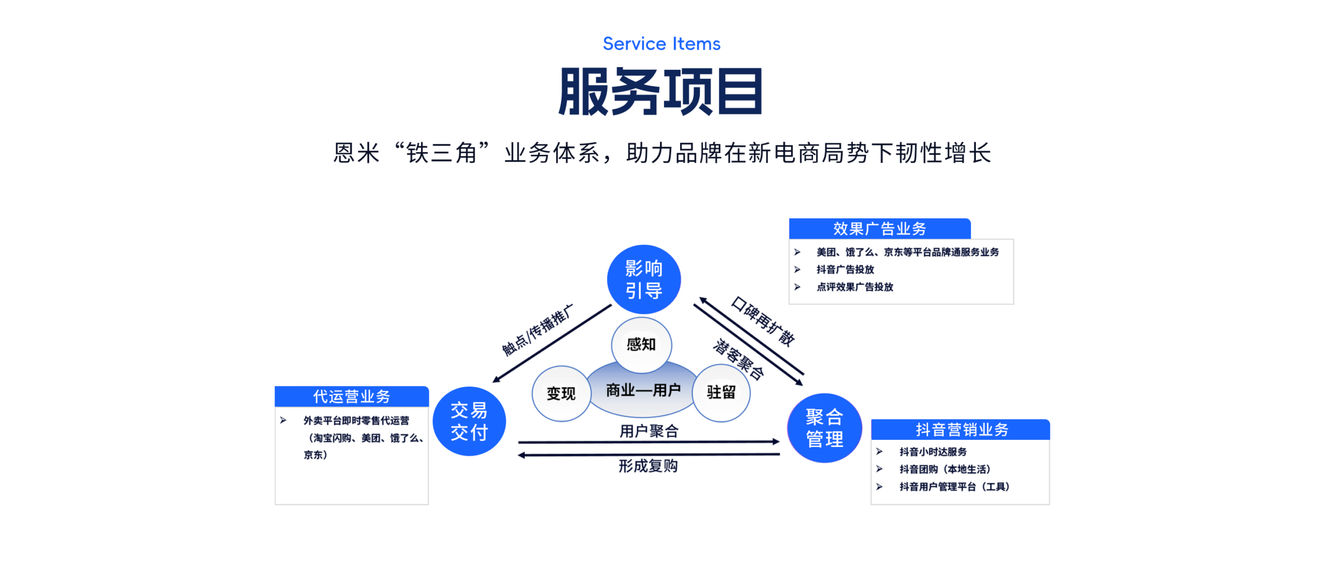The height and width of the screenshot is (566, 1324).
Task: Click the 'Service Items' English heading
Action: tap(661, 44)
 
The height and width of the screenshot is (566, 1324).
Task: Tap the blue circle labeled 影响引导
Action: tap(643, 279)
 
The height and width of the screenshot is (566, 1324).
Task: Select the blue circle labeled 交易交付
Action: tap(469, 421)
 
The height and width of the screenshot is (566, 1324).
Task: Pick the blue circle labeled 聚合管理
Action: tap(824, 428)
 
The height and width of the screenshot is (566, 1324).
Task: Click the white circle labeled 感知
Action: tap(641, 344)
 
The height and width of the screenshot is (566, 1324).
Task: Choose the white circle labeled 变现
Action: tap(561, 394)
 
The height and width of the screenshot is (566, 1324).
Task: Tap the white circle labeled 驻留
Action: tap(721, 392)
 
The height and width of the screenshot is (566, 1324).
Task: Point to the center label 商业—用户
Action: tap(643, 390)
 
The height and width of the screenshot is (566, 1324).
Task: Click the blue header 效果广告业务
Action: tap(879, 229)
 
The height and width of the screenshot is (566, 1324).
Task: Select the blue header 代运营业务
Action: tap(352, 396)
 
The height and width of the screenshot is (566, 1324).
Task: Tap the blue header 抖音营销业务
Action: tap(961, 429)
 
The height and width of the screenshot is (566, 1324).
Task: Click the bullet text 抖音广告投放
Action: tap(845, 270)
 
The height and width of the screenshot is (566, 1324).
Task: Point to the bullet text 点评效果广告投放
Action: tap(854, 287)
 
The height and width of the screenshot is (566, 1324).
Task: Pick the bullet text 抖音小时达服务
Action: tap(932, 452)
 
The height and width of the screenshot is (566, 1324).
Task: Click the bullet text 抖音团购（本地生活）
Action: tap(944, 469)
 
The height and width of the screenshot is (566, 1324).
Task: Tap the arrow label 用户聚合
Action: tap(649, 431)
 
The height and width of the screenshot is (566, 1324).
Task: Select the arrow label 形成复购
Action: tap(648, 466)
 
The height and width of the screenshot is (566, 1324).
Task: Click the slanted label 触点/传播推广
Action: tap(538, 330)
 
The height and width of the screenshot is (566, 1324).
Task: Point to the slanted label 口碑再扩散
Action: tap(763, 321)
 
